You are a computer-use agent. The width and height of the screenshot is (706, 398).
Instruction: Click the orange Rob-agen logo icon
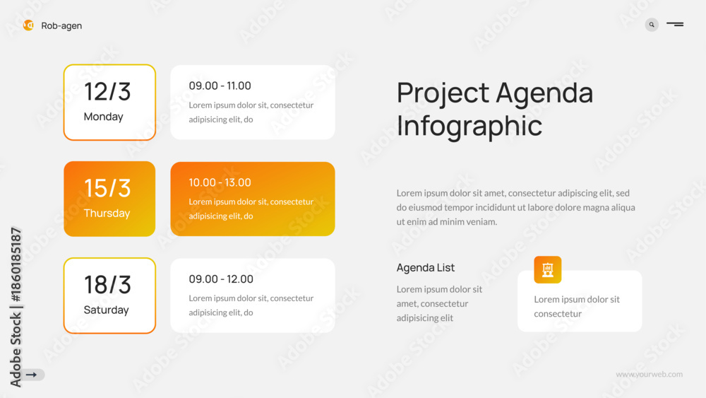[x=28, y=25]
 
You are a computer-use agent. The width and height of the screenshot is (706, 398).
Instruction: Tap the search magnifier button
[x=652, y=25]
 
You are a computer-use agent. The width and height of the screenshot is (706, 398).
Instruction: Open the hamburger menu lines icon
[x=675, y=24]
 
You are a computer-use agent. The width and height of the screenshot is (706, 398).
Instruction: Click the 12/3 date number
[x=107, y=91]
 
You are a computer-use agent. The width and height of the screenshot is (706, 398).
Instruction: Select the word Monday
[x=104, y=117]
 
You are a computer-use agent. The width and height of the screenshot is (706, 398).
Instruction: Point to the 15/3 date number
[x=107, y=188]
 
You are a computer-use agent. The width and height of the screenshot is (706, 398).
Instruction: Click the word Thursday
[x=107, y=213]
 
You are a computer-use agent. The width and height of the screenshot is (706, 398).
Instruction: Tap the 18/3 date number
[x=107, y=285]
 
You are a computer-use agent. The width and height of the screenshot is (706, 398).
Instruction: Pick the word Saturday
[x=107, y=310]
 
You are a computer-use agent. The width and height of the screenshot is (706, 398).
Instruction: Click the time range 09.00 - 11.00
[x=220, y=86]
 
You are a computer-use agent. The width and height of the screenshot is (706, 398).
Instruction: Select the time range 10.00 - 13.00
[x=220, y=182]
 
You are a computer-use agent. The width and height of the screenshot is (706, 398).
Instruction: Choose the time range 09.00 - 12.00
[x=220, y=279]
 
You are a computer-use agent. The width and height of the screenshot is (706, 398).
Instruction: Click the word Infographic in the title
[x=469, y=127]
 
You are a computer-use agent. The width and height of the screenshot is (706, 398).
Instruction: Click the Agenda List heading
[x=426, y=268]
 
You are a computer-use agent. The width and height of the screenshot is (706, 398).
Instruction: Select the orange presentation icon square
[x=548, y=269]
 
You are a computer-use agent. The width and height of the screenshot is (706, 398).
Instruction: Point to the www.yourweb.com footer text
[x=650, y=374]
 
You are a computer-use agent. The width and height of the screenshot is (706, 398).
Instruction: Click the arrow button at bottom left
[x=32, y=375]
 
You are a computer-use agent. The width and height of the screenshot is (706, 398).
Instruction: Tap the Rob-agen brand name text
[x=61, y=26]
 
